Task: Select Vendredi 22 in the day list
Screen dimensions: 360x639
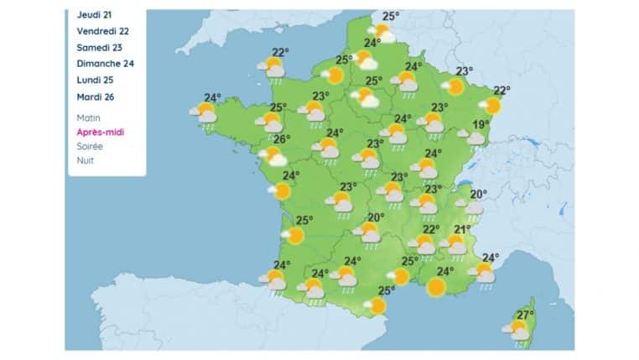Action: tap(102, 31)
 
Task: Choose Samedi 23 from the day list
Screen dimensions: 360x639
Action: tap(98, 47)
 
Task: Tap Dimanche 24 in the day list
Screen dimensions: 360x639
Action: tap(105, 64)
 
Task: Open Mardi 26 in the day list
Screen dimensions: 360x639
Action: tap(95, 97)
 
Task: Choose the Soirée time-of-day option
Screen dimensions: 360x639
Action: tap(91, 146)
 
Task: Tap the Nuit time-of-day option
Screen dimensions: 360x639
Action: tap(86, 159)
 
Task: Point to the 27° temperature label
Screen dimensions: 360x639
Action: tap(525, 316)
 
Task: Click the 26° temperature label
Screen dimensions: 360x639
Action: tap(282, 139)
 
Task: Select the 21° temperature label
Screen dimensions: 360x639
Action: tap(462, 229)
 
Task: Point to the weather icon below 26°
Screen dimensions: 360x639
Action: tap(273, 156)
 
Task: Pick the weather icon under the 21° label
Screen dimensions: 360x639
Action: tap(455, 244)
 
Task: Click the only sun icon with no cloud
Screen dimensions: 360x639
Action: tap(435, 289)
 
